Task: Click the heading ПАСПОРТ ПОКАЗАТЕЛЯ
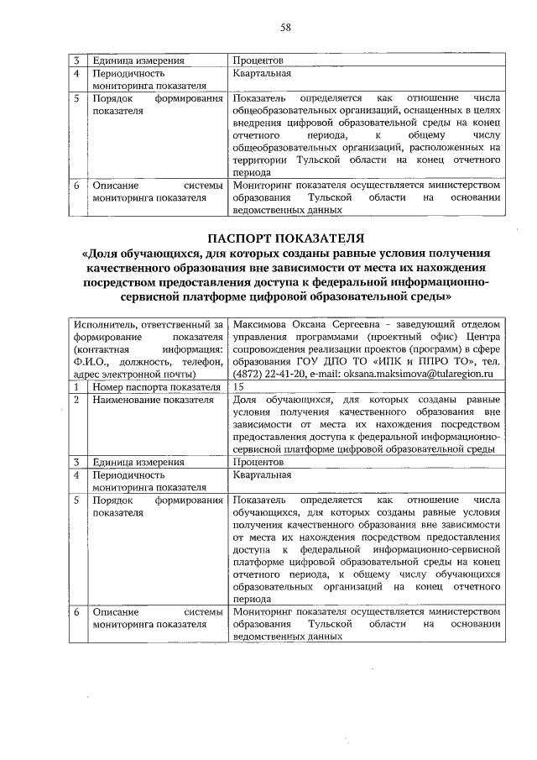click(x=284, y=238)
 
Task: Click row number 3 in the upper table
click(x=76, y=60)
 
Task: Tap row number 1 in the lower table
click(x=76, y=386)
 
